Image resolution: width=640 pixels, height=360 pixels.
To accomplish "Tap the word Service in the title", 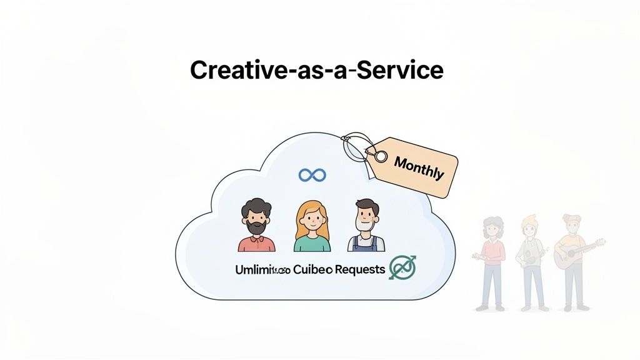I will point(405,70).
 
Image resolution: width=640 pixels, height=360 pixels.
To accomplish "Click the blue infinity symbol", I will point(312,175).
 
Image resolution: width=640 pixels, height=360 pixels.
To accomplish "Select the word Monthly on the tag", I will point(419,167).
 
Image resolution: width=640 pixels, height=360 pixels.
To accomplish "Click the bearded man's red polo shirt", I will point(256,242).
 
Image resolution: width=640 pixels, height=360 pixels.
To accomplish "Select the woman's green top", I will point(312,242).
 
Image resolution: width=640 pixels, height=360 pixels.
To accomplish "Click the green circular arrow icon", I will point(402,267).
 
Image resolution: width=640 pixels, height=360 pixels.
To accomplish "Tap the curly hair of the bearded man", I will point(256,207).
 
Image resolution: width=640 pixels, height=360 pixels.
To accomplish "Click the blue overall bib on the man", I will point(366,244).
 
